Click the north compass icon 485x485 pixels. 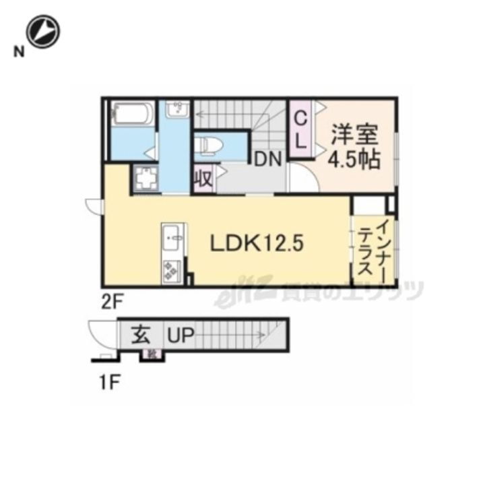[44, 31]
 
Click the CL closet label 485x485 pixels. [301, 129]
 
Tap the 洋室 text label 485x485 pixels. [354, 133]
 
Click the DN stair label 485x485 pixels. [267, 160]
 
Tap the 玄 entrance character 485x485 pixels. [140, 335]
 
